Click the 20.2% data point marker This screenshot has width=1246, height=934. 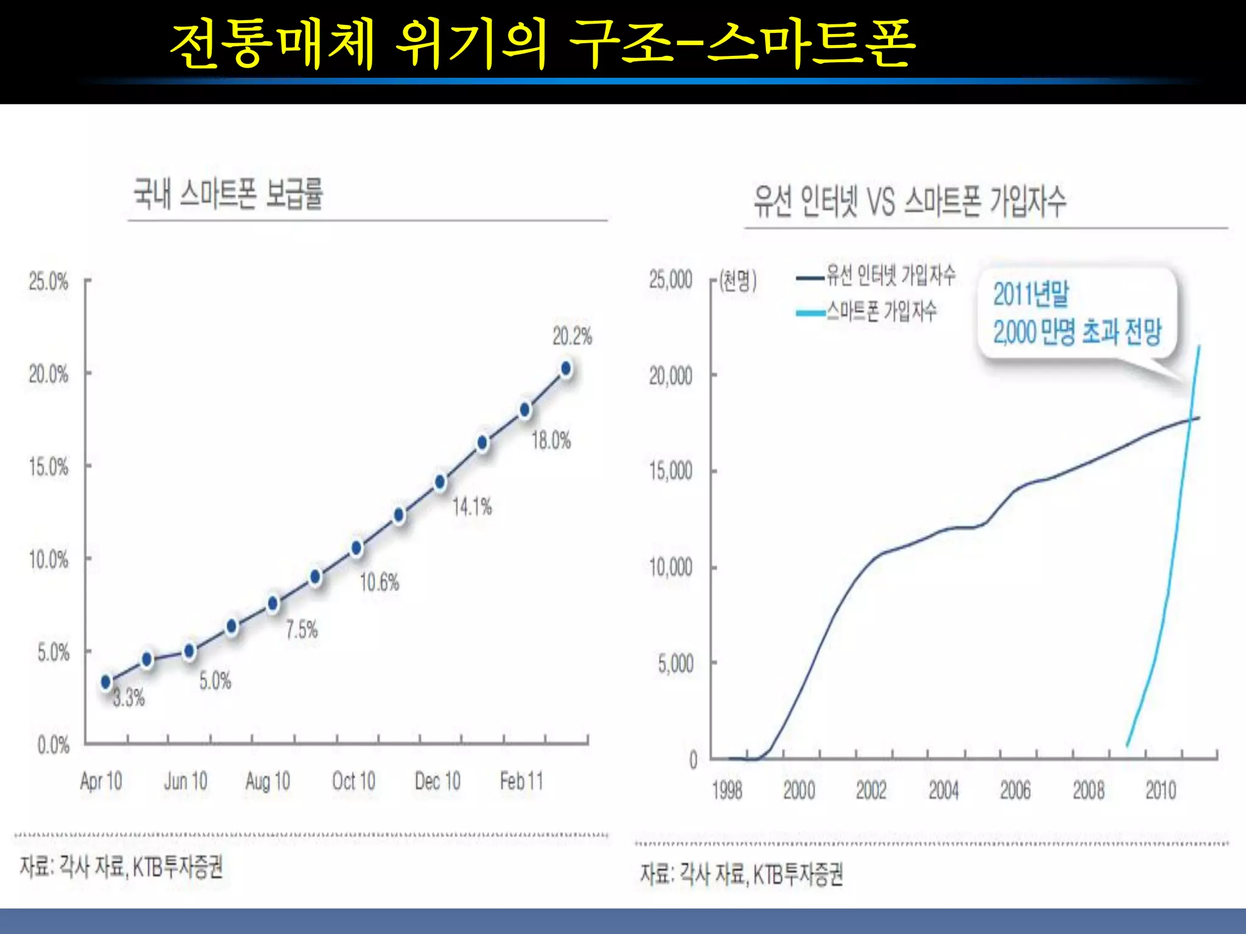pyautogui.click(x=566, y=368)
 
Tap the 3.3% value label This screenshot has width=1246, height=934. pyautogui.click(x=129, y=697)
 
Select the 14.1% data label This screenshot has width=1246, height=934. pyautogui.click(x=472, y=507)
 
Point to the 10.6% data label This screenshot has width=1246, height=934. pyautogui.click(x=380, y=583)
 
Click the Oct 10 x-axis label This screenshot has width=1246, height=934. pyautogui.click(x=353, y=781)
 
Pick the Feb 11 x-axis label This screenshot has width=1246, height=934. pyautogui.click(x=521, y=781)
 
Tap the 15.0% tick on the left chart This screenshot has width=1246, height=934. pyautogui.click(x=49, y=467)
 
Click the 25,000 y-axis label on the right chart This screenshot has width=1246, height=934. pyautogui.click(x=670, y=280)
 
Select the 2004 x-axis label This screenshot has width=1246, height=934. pyautogui.click(x=943, y=790)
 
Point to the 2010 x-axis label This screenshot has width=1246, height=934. pyautogui.click(x=1160, y=790)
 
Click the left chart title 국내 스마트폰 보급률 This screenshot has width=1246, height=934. pyautogui.click(x=228, y=194)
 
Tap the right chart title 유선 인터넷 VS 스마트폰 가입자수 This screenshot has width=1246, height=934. pyautogui.click(x=910, y=201)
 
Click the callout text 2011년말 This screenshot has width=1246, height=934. pyautogui.click(x=1031, y=294)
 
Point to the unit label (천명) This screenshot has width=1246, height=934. pyautogui.click(x=738, y=281)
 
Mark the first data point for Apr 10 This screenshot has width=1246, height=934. pyautogui.click(x=106, y=682)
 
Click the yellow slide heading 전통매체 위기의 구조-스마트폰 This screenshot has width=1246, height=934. pyautogui.click(x=541, y=43)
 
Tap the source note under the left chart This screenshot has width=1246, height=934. pyautogui.click(x=122, y=867)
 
